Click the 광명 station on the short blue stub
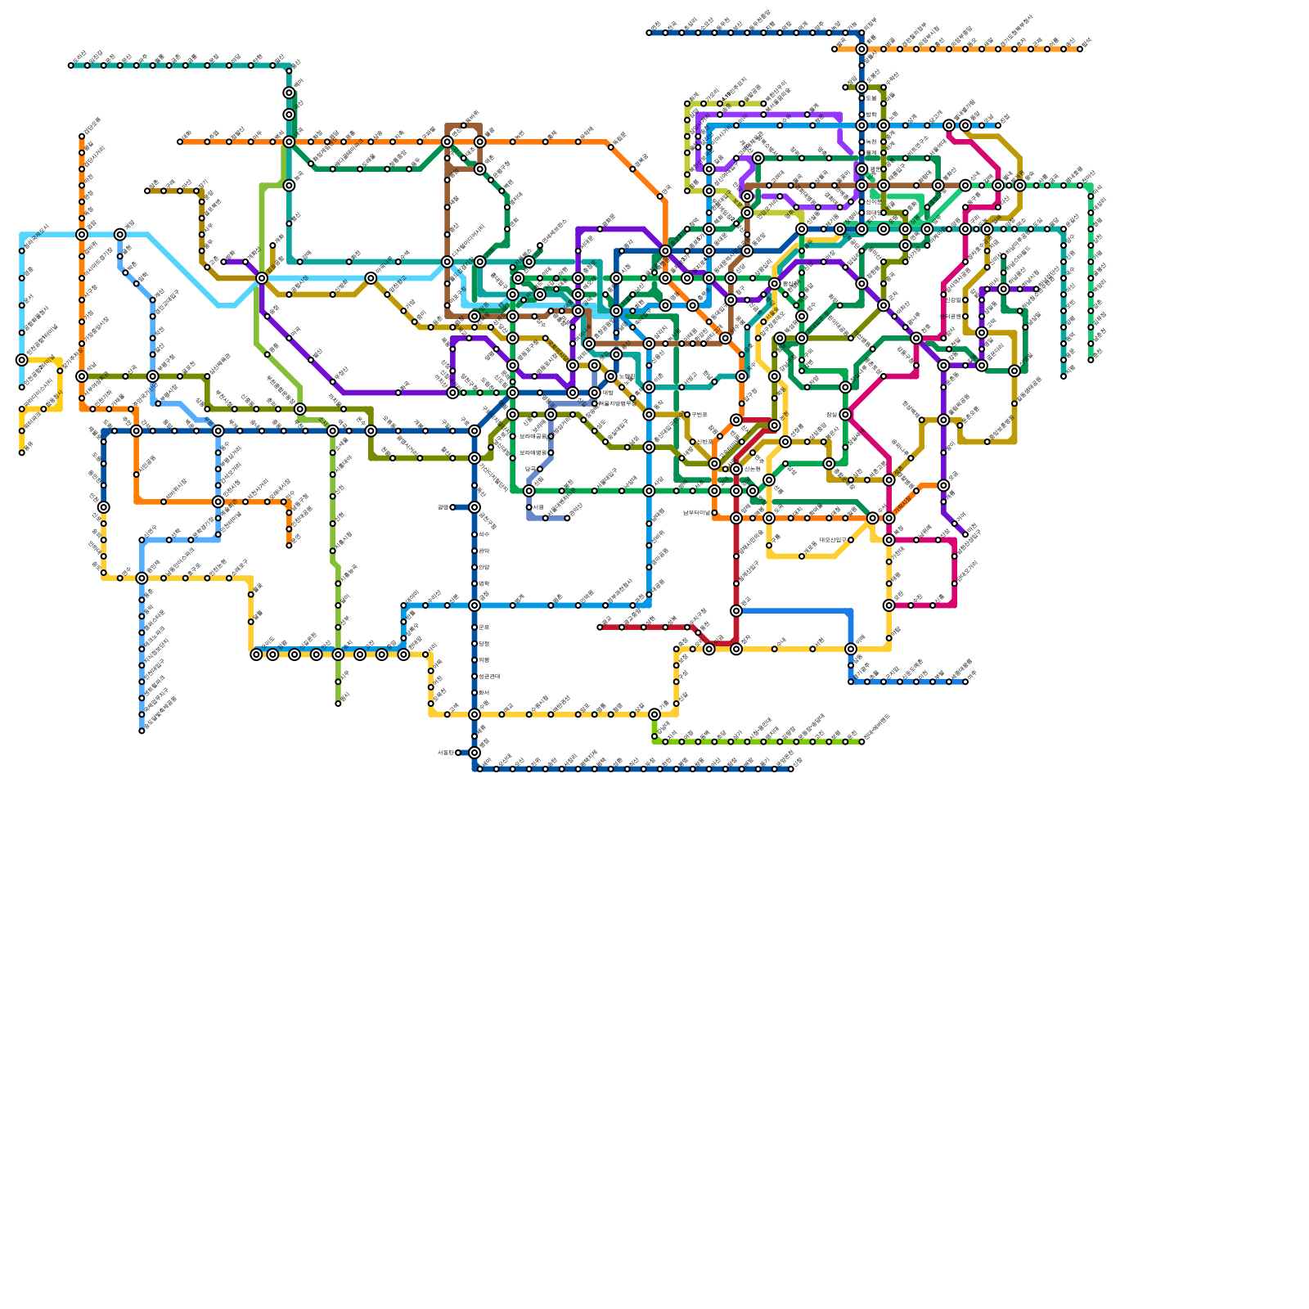pos(452,507)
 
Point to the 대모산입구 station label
pos(822,541)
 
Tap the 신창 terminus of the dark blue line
pos(791,769)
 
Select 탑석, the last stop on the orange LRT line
pos(1080,49)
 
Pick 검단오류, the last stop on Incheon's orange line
pos(82,137)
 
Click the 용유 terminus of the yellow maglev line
pos(22,452)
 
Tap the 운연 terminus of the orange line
pos(289,546)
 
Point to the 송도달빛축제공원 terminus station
pos(142,731)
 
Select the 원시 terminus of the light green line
pos(338,704)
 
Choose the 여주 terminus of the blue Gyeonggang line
pos(965,681)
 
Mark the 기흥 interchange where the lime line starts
pos(654,714)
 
